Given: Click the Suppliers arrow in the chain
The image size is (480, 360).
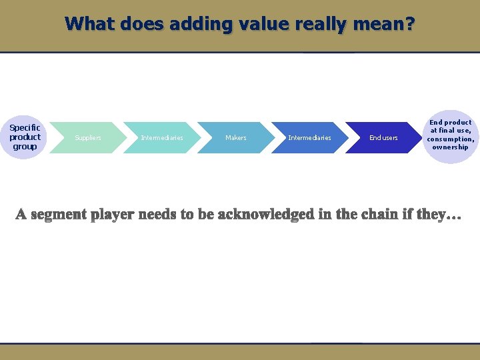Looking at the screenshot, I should (x=88, y=137).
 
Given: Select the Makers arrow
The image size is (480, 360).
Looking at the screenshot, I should (x=236, y=137).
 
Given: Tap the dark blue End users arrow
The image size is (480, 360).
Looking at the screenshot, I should (x=383, y=137).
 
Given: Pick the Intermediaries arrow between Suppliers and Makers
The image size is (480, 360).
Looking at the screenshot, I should (x=162, y=137).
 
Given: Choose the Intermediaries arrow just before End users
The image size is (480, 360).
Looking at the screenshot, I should (x=309, y=137).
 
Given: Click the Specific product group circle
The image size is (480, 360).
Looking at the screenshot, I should (x=25, y=137).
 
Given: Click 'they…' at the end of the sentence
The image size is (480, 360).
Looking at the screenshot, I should (x=441, y=215).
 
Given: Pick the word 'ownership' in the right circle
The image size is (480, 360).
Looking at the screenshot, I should (x=451, y=147).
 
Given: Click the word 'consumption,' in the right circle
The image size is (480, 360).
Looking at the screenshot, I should (x=451, y=139).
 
